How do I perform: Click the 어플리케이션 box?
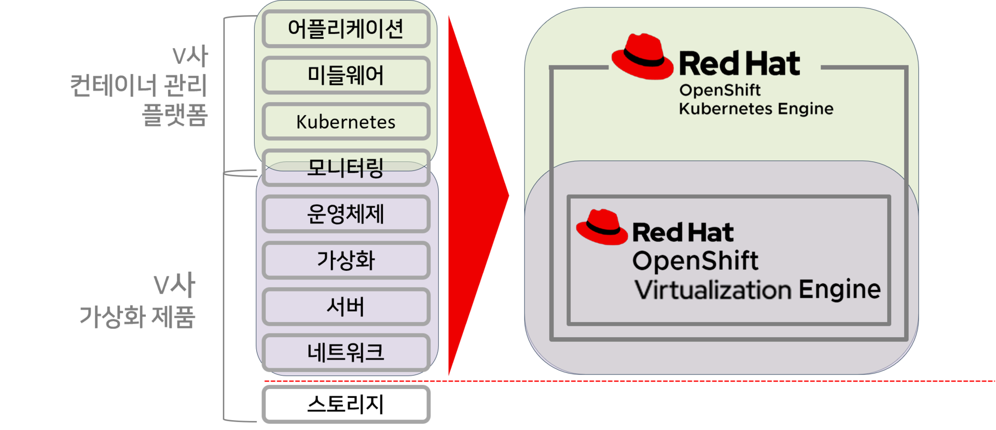click(346, 29)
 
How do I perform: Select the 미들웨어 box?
click(346, 75)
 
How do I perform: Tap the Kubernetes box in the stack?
click(346, 122)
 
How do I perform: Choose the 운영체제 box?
click(346, 214)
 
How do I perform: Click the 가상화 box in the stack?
click(346, 260)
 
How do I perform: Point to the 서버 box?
click(346, 307)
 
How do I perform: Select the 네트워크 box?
click(346, 353)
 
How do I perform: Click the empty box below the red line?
click(346, 404)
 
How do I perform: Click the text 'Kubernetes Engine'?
click(756, 109)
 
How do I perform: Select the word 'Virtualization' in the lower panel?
click(713, 290)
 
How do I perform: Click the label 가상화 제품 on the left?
click(137, 316)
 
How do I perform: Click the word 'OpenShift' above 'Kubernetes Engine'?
click(720, 90)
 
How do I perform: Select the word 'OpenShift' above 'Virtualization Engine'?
click(695, 261)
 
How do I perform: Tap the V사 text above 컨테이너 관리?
click(190, 56)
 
